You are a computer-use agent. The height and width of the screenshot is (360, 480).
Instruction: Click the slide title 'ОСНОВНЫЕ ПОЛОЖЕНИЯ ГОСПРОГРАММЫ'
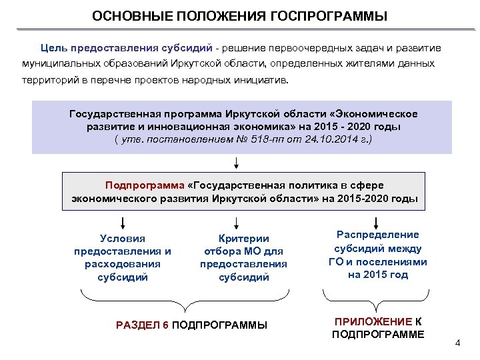point(239,15)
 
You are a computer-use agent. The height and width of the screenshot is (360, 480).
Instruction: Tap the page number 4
point(457,343)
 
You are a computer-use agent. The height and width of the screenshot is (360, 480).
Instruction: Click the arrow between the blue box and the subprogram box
point(236,162)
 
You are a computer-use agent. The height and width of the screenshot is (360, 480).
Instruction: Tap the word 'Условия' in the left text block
point(122,238)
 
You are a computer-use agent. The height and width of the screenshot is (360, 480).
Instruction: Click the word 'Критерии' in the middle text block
point(243,238)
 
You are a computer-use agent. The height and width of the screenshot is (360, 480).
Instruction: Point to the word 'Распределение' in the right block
point(378,235)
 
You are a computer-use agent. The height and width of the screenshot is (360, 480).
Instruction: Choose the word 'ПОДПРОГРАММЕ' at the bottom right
point(378,335)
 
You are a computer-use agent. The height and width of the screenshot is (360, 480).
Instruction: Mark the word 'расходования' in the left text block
point(122,264)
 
